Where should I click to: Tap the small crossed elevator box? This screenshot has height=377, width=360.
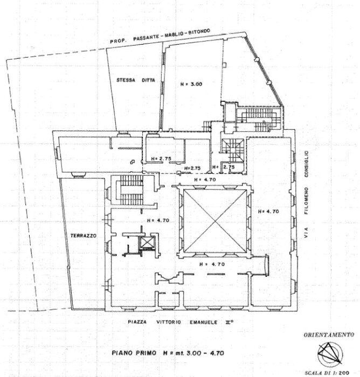click(x=146, y=243)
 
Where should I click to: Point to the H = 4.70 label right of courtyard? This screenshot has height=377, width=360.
click(x=268, y=211)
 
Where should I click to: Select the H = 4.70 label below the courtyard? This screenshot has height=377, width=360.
click(x=212, y=264)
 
